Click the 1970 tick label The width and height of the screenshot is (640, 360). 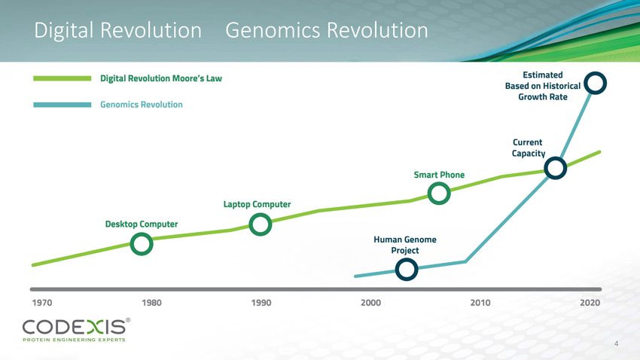42,303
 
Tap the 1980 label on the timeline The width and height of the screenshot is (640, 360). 151,303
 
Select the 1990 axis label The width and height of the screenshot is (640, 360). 261,303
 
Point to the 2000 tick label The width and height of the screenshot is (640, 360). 370,303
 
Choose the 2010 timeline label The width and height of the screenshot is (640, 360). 480,303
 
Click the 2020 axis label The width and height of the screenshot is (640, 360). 590,303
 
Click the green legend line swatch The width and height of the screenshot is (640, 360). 62,78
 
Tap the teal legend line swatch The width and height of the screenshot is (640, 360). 62,105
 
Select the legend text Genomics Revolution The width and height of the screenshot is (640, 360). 142,105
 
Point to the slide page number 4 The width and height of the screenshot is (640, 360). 617,343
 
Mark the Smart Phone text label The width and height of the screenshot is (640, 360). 439,175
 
